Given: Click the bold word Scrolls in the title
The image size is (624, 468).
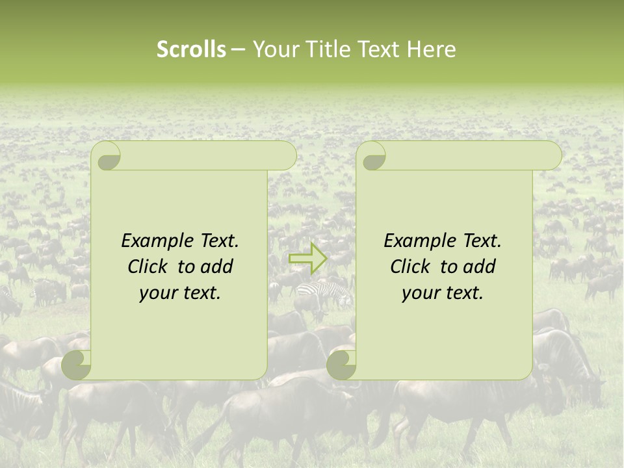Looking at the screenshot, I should point(191,49).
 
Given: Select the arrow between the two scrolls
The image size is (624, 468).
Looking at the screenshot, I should point(308,258).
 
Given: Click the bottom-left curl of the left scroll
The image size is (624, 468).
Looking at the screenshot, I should point(77,365).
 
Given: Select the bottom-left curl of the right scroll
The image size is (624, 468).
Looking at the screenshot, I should point(342,365).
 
